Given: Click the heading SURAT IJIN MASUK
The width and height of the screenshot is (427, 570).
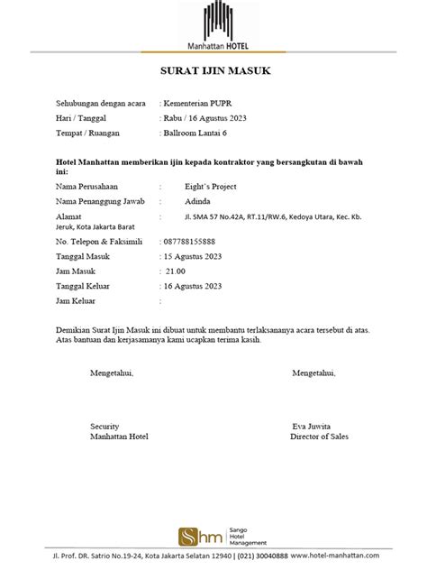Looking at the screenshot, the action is (213, 72).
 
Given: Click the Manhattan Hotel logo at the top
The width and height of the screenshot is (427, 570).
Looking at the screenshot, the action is (213, 25).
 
